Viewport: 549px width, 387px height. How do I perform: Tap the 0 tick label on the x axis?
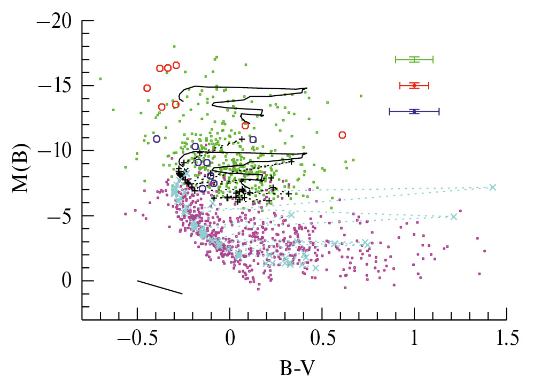(x=230, y=338)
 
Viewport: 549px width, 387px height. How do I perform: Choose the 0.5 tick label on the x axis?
(x=322, y=338)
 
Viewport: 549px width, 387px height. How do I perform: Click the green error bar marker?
(x=414, y=59)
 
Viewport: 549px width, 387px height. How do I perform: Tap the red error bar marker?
(x=414, y=85)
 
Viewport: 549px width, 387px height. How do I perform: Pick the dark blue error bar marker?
(x=414, y=111)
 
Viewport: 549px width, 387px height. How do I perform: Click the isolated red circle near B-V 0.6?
(x=342, y=135)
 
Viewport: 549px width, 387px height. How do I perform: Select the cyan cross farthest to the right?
(x=492, y=187)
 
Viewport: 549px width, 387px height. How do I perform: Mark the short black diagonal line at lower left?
(x=160, y=287)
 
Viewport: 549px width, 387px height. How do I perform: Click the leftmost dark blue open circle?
(x=157, y=139)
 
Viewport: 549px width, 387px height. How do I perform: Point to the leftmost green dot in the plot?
(x=100, y=79)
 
